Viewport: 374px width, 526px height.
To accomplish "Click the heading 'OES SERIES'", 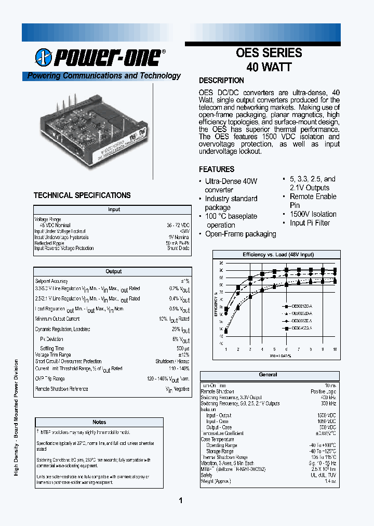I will (x=269, y=53).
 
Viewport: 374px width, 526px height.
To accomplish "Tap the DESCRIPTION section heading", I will (x=221, y=81).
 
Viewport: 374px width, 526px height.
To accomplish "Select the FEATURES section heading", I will (x=217, y=169).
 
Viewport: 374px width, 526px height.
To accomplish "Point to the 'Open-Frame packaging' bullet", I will (x=241, y=234).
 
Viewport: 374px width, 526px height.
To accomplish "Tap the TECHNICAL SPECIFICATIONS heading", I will (x=82, y=195).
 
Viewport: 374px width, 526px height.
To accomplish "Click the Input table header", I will (x=113, y=209).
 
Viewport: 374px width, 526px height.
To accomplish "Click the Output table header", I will (x=113, y=271).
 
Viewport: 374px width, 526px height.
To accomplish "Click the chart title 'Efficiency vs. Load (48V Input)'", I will (x=278, y=255).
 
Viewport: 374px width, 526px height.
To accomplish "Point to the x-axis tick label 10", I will (x=335, y=349).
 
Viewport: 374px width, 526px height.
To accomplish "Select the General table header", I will (x=268, y=375).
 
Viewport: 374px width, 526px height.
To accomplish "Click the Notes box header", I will (x=99, y=422).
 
